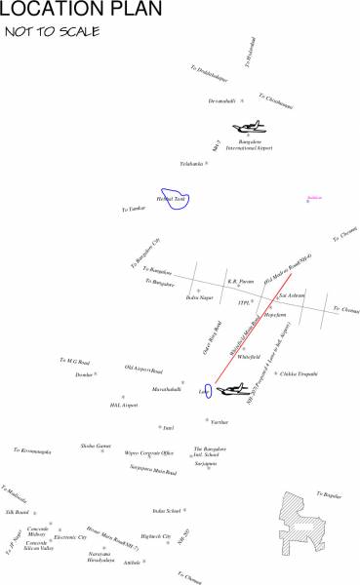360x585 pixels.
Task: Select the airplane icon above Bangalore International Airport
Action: [250, 128]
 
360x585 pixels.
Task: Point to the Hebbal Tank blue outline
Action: [178, 198]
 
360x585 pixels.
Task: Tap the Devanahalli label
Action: [222, 101]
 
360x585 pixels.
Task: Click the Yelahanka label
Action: [191, 164]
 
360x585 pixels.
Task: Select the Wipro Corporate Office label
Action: [149, 453]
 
